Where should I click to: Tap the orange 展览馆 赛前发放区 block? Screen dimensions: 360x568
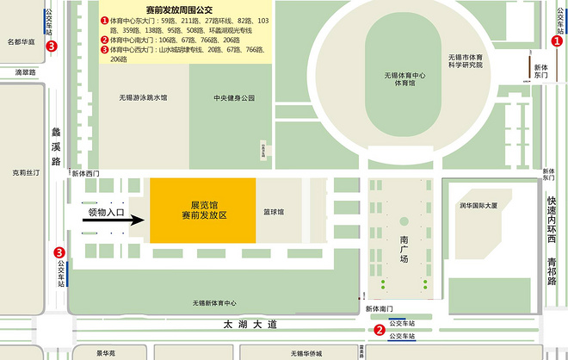(x=202, y=211)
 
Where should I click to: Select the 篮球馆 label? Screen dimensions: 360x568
(x=275, y=211)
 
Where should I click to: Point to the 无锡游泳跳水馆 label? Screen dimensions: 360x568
(x=144, y=97)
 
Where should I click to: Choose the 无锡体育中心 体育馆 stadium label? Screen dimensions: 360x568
(x=405, y=80)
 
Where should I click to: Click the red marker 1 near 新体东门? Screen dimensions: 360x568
(x=557, y=40)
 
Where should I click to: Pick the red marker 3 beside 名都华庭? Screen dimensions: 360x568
(x=52, y=47)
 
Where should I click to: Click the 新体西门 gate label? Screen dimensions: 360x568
(x=85, y=174)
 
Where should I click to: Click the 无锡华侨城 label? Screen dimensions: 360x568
(x=306, y=353)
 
